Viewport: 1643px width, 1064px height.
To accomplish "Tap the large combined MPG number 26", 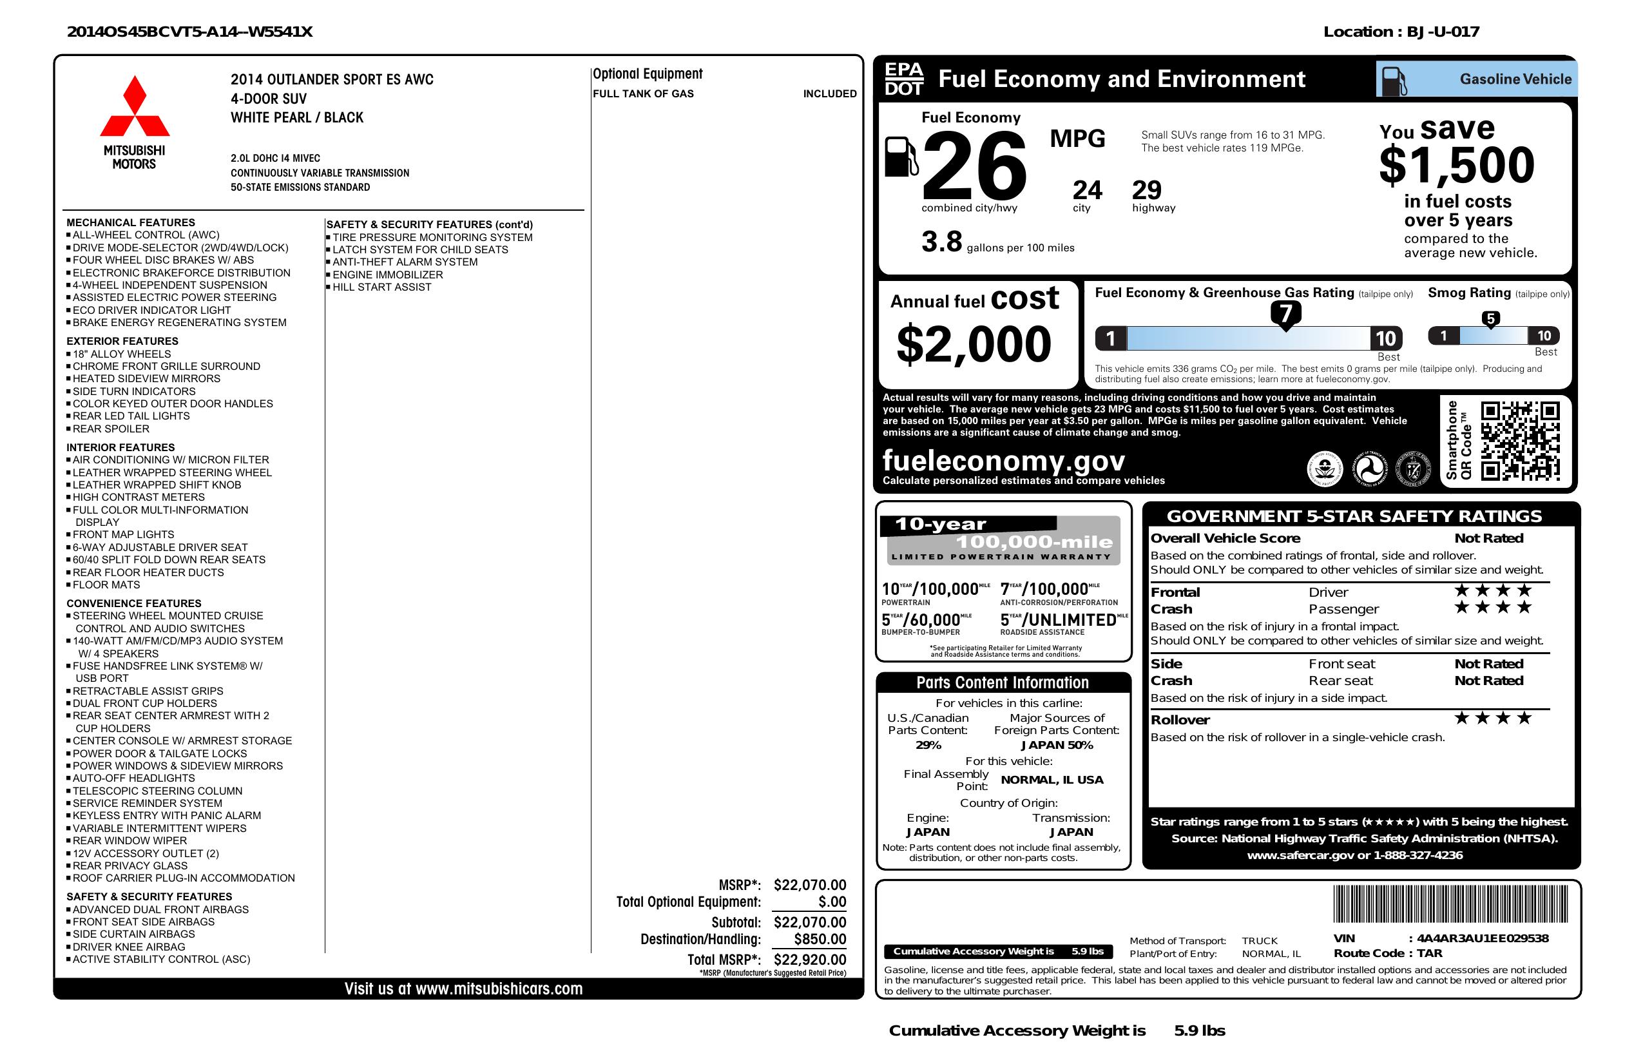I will [x=974, y=166].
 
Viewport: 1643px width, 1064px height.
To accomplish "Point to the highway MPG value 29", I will [x=1147, y=190].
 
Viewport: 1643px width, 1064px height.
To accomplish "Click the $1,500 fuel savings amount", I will [x=1457, y=166].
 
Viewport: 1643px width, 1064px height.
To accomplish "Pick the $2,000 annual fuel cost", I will [x=974, y=345].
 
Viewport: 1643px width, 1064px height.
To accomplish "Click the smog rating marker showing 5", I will [x=1490, y=319].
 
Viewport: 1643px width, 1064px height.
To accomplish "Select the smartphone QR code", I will [x=1520, y=441].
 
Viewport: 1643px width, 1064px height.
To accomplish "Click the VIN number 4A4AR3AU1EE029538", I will [x=1482, y=938].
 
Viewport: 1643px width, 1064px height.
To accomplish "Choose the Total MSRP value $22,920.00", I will [x=810, y=959].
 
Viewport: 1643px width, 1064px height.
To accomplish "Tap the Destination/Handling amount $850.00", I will [x=820, y=939].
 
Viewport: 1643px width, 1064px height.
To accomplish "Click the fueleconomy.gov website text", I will [x=1003, y=461].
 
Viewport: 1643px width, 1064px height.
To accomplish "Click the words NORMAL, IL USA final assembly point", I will [x=1052, y=780].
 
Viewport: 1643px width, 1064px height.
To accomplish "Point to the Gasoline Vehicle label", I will [x=1515, y=79].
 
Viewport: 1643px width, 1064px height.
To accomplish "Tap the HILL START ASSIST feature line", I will [x=381, y=287].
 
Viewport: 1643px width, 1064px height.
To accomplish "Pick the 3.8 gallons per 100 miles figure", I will [x=941, y=242].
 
